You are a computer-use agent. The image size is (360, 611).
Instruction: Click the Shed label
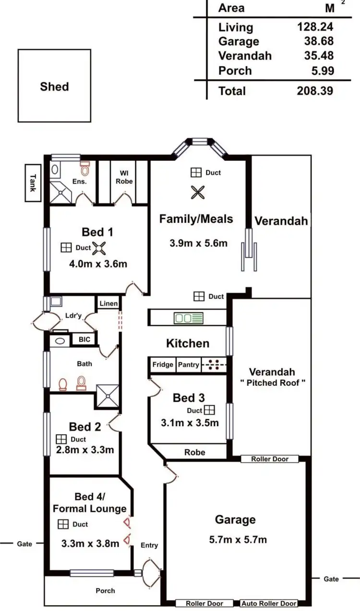pos(54,87)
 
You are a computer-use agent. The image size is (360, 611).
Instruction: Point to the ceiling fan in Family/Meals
pos(197,192)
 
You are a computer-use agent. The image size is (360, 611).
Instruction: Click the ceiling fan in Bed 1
pos(101,248)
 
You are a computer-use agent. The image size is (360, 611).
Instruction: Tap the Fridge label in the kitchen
pos(163,365)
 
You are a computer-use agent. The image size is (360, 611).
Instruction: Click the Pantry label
pos(189,365)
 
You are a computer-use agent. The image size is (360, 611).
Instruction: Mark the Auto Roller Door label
pos(269,603)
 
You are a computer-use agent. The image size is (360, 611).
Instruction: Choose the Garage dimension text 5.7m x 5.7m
pos(238,539)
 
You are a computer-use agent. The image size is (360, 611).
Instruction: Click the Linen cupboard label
pos(108,303)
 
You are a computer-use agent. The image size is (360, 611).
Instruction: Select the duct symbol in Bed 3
pos(209,410)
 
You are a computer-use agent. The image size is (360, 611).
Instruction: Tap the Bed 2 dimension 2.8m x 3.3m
pos(84,450)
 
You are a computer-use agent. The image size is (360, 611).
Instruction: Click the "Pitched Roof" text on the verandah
pos(272,383)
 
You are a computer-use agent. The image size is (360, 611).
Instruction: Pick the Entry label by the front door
pos(149,545)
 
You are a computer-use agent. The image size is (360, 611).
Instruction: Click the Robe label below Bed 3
pos(194,452)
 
